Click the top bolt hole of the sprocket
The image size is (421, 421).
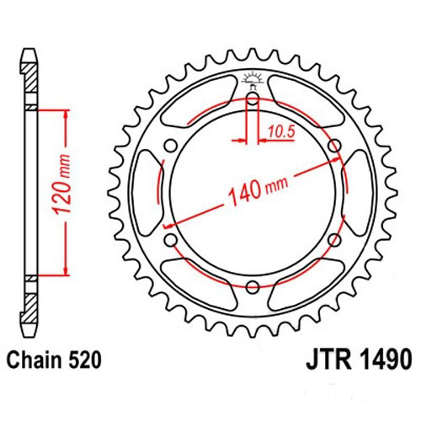click(253, 100)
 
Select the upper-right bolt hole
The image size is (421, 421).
click(334, 147)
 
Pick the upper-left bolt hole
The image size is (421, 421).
click(173, 147)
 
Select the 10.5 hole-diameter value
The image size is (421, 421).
click(282, 130)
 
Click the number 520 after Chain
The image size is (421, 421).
click(86, 360)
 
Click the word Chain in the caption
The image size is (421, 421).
click(39, 360)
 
